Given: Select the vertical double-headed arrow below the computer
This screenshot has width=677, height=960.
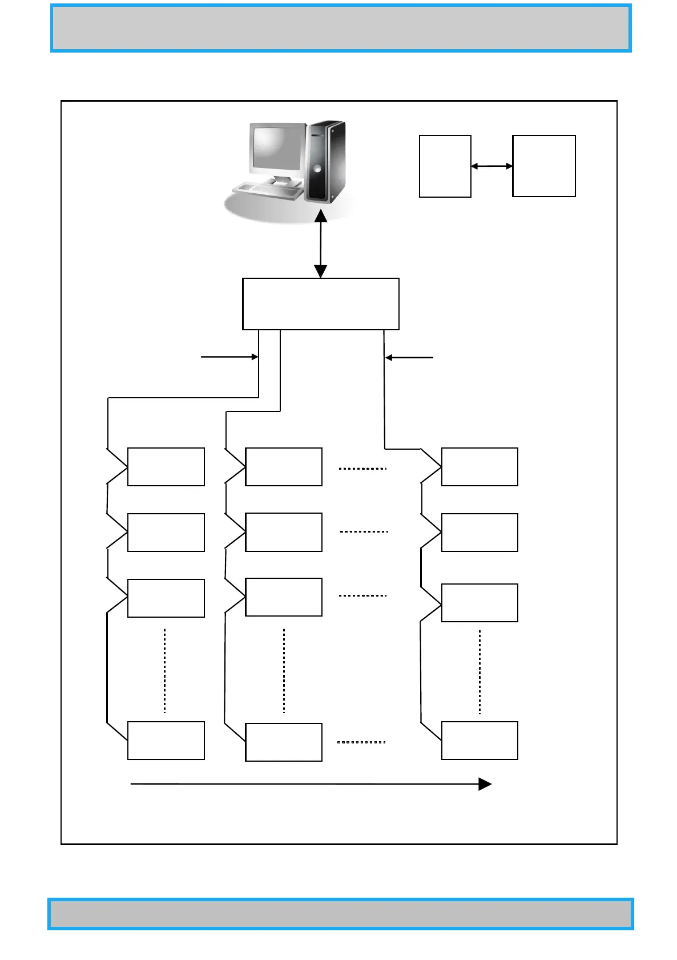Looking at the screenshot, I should click(x=321, y=244).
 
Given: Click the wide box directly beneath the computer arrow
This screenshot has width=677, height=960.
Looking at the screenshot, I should click(x=320, y=304).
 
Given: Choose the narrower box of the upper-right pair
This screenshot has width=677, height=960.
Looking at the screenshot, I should click(x=445, y=166).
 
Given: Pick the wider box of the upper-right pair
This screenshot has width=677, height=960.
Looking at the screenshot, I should click(x=543, y=166).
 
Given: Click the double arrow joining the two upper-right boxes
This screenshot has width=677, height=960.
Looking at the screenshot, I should click(x=491, y=166).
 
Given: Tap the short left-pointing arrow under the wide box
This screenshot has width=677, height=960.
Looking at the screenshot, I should click(x=409, y=358).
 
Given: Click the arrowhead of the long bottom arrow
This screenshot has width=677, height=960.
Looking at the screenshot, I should click(x=485, y=784).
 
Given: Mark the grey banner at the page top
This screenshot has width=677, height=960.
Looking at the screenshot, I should click(x=341, y=29).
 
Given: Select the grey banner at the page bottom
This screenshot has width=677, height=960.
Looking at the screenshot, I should click(x=341, y=914).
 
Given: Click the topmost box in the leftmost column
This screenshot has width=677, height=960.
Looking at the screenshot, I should click(x=166, y=467).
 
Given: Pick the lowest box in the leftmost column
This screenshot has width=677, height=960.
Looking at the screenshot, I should click(x=166, y=741).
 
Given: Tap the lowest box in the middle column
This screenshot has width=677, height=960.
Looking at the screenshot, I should click(x=284, y=742).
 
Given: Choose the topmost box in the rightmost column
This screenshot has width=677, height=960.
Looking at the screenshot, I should click(x=479, y=467).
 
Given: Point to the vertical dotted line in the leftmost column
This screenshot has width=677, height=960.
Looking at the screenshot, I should click(x=165, y=671).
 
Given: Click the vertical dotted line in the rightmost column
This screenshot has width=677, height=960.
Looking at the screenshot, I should click(x=479, y=672).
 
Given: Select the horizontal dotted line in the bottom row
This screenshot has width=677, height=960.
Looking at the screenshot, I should click(x=361, y=742).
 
